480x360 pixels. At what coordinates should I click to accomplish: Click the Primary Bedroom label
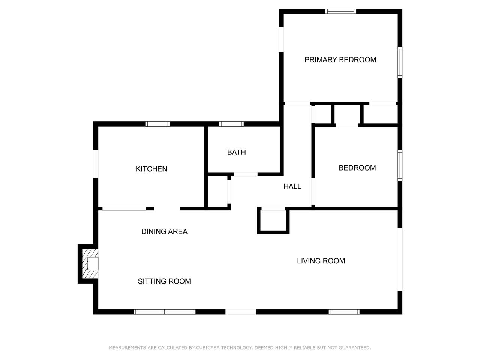[340, 60]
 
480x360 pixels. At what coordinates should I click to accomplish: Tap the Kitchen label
[151, 169]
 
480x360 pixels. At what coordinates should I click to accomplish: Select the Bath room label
[236, 152]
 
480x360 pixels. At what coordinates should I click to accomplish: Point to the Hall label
[292, 186]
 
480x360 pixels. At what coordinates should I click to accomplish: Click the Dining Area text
[164, 231]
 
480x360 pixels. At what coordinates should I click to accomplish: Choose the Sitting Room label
[164, 281]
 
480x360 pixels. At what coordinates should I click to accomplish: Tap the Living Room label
[321, 261]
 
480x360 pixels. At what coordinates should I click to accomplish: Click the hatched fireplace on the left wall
[90, 264]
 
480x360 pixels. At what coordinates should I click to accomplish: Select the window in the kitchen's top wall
[157, 124]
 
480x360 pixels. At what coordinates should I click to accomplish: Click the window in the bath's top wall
[231, 124]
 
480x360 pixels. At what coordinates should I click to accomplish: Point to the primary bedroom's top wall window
[341, 12]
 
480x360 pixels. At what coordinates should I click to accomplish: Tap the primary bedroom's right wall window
[400, 62]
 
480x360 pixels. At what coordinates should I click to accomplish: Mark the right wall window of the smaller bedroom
[400, 165]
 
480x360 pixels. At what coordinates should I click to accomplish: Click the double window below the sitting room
[165, 312]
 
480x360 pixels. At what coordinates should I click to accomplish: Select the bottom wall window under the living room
[344, 312]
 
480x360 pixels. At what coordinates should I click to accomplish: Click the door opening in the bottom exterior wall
[241, 312]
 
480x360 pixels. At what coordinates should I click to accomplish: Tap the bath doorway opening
[246, 174]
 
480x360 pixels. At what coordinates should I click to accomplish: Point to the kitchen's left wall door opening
[96, 164]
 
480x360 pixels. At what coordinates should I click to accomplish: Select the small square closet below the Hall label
[273, 220]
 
